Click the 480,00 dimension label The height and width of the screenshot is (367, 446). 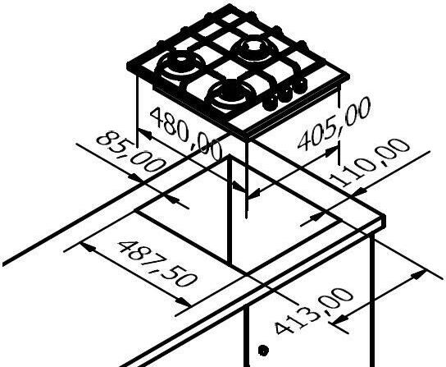point(185,133)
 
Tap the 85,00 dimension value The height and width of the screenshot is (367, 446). point(131,152)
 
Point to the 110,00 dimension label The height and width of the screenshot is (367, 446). point(370,162)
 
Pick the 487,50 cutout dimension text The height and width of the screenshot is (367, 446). point(157,264)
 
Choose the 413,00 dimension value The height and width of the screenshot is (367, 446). point(314,311)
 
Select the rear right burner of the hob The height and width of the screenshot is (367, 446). point(254,49)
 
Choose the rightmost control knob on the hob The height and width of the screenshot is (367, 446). point(299,85)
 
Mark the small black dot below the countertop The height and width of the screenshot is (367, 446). point(263,351)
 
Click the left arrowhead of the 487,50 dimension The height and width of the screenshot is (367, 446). point(87,247)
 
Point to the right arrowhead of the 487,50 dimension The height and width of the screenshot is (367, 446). point(184,302)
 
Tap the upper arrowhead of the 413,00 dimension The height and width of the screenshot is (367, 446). point(419,274)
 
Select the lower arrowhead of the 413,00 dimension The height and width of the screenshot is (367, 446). point(339,319)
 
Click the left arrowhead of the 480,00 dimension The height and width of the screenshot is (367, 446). point(145,133)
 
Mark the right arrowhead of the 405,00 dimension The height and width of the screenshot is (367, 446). point(332,151)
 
